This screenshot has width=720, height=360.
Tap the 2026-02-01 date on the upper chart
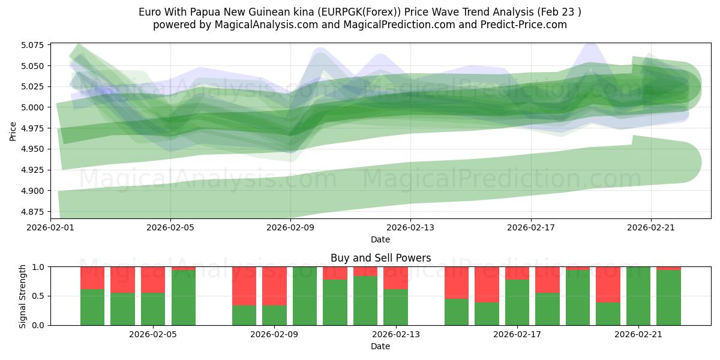coord(50,227)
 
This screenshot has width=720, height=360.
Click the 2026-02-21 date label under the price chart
coord(651,227)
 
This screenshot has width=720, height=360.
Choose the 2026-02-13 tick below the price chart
coord(410,227)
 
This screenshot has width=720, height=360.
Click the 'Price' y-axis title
coord(13,130)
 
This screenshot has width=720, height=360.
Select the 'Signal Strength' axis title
coord(22,296)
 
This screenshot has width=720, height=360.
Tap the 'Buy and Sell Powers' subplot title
coord(380,258)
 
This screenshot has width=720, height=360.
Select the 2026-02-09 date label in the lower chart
coord(274,334)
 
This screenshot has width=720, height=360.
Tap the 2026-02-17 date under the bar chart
coord(517,334)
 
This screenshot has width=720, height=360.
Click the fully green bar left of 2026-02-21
coord(638,296)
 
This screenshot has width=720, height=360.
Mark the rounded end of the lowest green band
coord(684,163)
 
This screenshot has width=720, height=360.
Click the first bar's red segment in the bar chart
coord(92,277)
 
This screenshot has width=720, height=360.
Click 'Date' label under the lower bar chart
coord(380,346)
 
